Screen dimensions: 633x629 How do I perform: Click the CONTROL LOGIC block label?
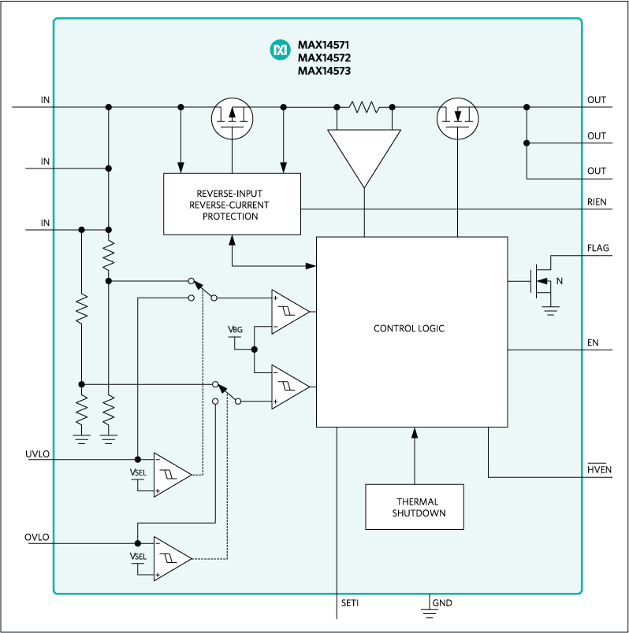(408, 328)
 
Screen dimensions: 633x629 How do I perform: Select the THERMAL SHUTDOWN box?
(415, 507)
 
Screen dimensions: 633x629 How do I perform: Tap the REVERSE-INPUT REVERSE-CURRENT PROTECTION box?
(232, 205)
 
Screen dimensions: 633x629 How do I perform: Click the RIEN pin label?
(597, 202)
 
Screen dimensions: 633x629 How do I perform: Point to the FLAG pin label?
(597, 248)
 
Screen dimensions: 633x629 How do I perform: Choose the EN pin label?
(594, 342)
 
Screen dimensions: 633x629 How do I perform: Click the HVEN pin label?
(598, 470)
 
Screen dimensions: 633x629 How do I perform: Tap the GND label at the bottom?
(442, 603)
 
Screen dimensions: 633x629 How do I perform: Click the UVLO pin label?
(37, 454)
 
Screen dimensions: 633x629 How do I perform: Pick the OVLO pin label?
(37, 538)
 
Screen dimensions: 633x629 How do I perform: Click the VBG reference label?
(234, 328)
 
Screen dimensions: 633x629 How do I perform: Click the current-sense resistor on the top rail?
(364, 106)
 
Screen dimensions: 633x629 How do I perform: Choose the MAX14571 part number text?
(324, 45)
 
